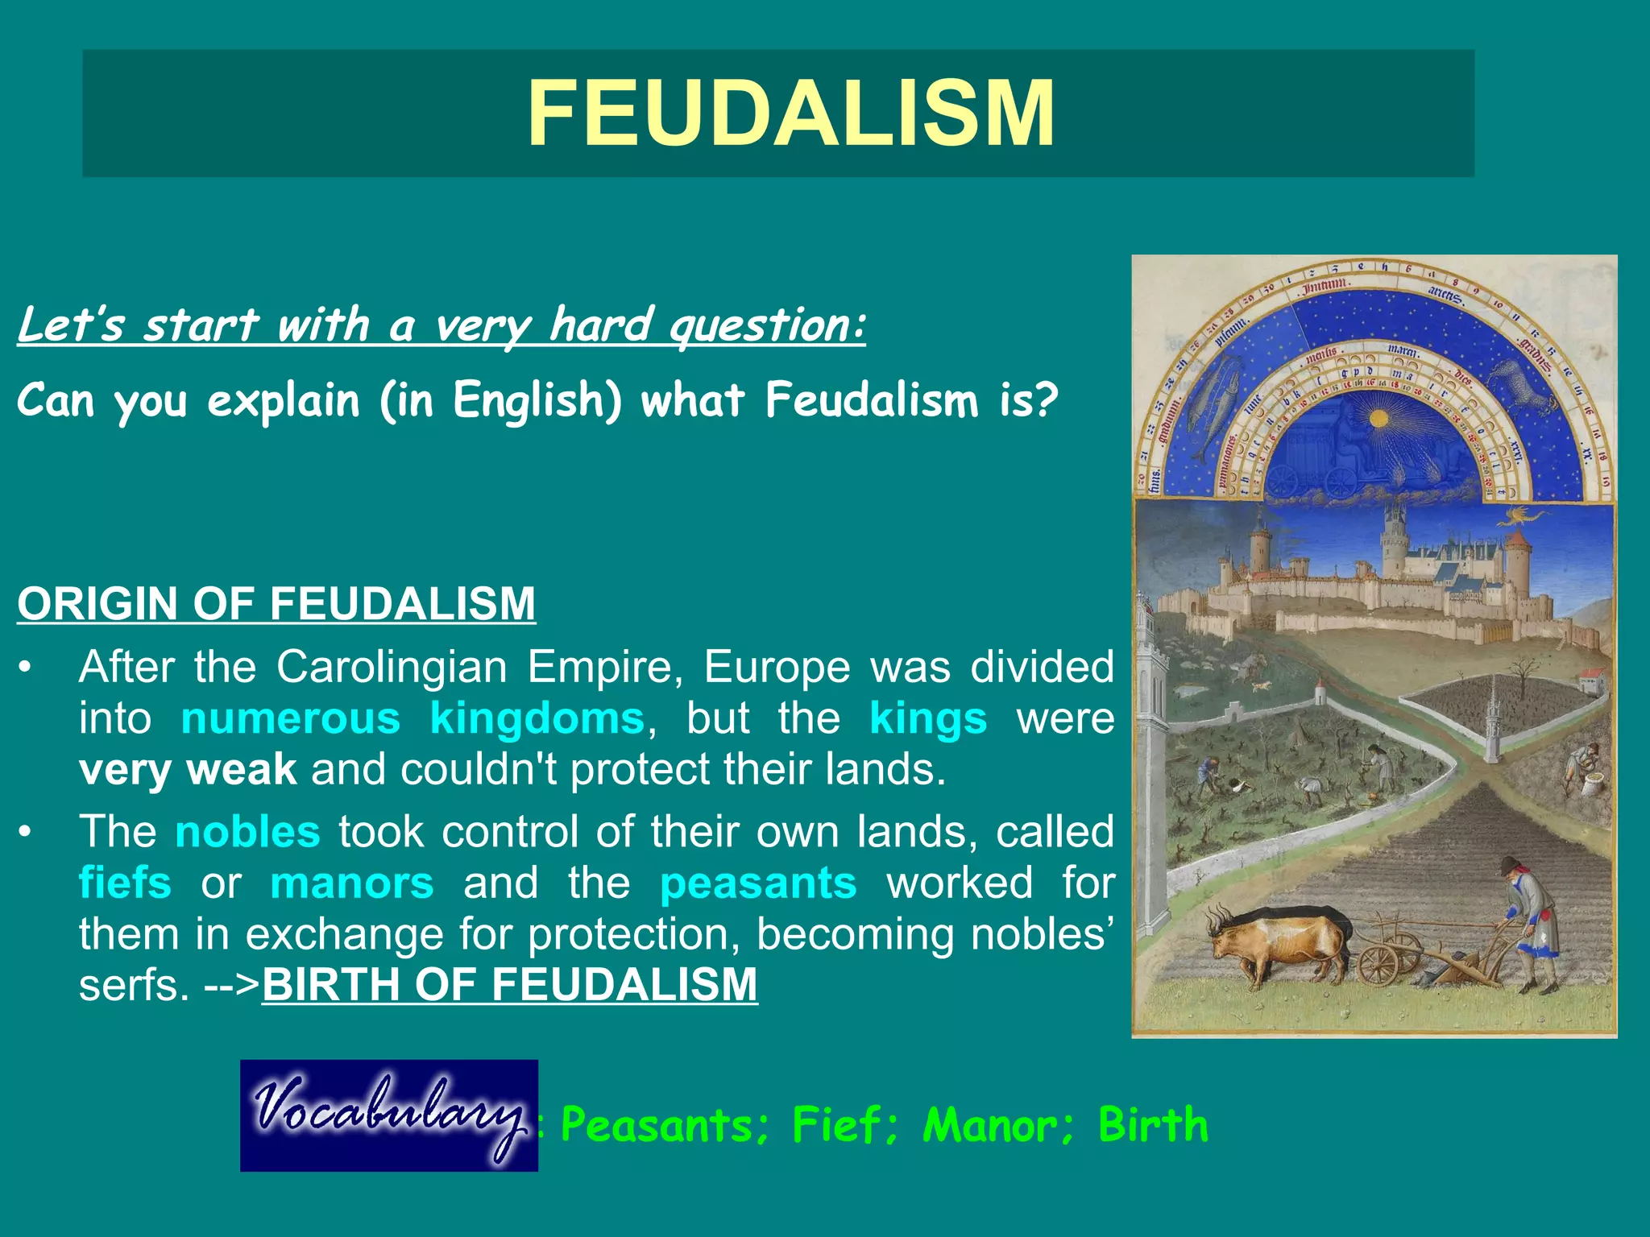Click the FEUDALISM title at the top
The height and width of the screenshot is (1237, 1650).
coord(791,114)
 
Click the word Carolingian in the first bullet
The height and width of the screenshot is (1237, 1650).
coord(392,667)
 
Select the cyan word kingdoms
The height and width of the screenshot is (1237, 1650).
coord(537,718)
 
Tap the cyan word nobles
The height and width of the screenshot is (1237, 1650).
coord(248,831)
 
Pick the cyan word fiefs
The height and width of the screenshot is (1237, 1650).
coord(125,883)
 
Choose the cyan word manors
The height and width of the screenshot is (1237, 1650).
coord(352,883)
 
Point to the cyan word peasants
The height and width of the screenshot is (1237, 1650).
coord(758,883)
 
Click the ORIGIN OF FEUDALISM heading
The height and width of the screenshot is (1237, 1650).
coord(276,603)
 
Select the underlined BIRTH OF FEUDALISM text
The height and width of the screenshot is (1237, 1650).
coord(510,984)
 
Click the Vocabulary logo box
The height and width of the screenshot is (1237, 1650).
coord(389,1115)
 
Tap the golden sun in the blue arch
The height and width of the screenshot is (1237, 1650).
coord(1378,419)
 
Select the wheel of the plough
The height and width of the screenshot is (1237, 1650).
coord(1379,965)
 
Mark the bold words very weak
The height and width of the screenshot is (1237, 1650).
coord(188,769)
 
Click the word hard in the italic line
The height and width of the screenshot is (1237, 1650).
coord(600,325)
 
